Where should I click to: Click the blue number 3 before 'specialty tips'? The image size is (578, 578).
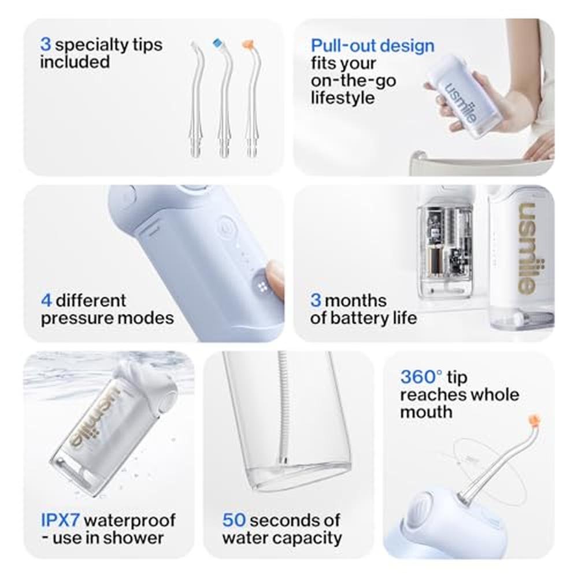point(46,45)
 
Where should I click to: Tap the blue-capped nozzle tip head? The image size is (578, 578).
point(218,43)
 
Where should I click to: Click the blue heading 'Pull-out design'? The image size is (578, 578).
point(372,46)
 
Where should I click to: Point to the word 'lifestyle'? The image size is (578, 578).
point(342,98)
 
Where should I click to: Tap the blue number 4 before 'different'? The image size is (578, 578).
point(46,301)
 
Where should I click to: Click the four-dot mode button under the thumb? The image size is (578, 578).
point(262,287)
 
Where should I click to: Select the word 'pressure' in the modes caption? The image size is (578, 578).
point(74,318)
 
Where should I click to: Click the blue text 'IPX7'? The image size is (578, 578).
point(60,520)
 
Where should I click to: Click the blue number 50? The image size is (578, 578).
point(234,520)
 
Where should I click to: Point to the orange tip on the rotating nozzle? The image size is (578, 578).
point(534,420)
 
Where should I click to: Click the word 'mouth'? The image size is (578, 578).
point(426,412)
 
